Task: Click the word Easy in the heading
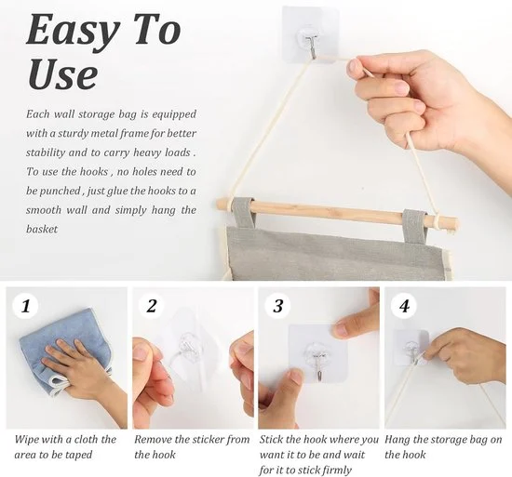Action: pos(73,32)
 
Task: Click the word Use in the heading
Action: pos(62,73)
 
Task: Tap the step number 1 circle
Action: pos(25,306)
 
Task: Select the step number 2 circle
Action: pos(152,306)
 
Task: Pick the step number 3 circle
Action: pos(278,306)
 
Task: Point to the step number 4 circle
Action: pos(404,306)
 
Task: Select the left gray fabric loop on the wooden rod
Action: pos(242,214)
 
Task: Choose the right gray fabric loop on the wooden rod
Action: pos(414,225)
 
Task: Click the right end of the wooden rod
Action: pos(455,223)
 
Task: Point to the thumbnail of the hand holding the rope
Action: pos(445,358)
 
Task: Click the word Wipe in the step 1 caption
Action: pos(26,440)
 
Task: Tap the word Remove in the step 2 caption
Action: pos(153,440)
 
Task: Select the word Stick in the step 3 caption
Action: pos(271,440)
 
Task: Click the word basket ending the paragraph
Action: pos(42,229)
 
